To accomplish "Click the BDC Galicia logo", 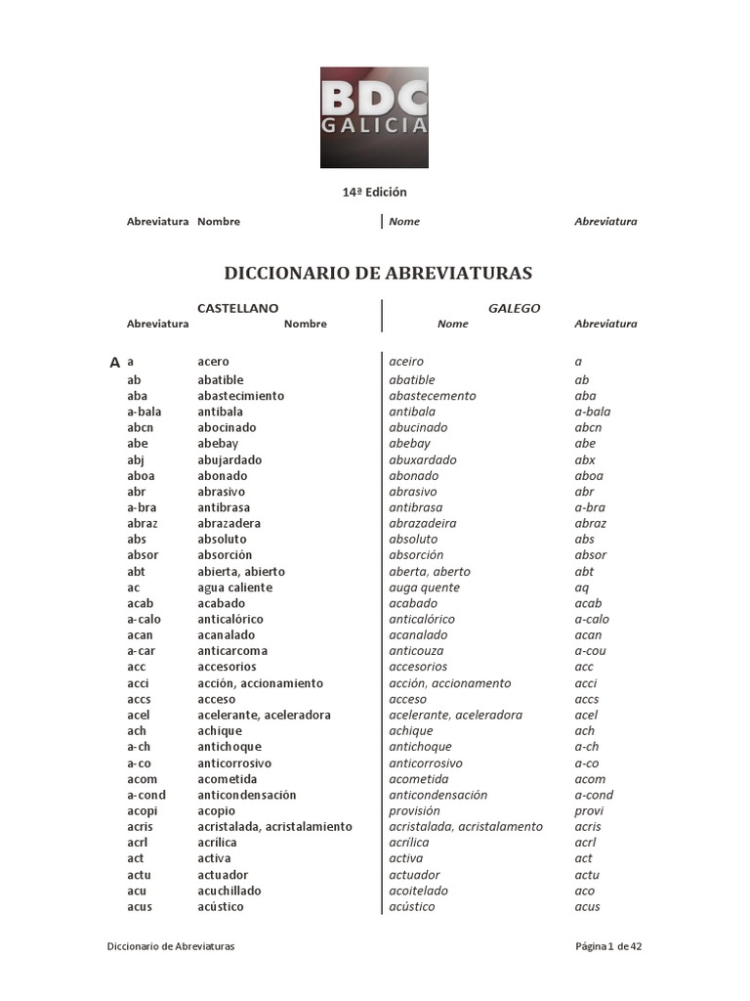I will point(374,117).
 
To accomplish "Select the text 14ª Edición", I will point(374,192).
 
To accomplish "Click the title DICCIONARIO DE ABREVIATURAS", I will point(379,273).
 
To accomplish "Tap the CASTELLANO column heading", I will point(237,308).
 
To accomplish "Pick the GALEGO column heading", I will point(514,308).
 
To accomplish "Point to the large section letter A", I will point(115,363).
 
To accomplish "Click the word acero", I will point(213,362).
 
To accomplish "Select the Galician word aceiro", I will point(406,362).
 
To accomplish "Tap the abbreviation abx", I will point(585,459).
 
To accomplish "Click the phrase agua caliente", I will point(234,588).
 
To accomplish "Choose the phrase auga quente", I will point(424,588).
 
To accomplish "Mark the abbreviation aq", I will point(583,588).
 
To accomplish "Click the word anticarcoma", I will point(232,651).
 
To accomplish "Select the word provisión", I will point(414,810).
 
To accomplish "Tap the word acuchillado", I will point(229,891).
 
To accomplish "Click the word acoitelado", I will point(421,891).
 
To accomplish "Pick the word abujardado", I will point(229,459).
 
